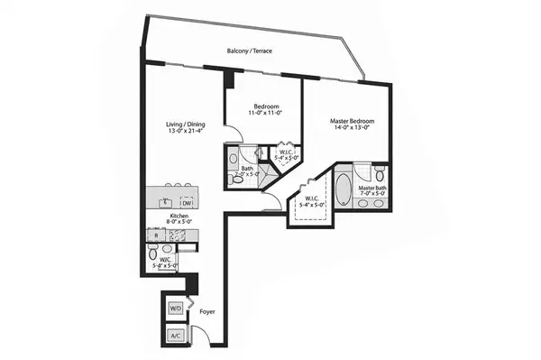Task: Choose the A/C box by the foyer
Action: pyautogui.click(x=175, y=337)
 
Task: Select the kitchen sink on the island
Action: pyautogui.click(x=166, y=201)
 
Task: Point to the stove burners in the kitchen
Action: pyautogui.click(x=180, y=235)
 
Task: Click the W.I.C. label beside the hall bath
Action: pyautogui.click(x=287, y=153)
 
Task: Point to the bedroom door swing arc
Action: pyautogui.click(x=235, y=134)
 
